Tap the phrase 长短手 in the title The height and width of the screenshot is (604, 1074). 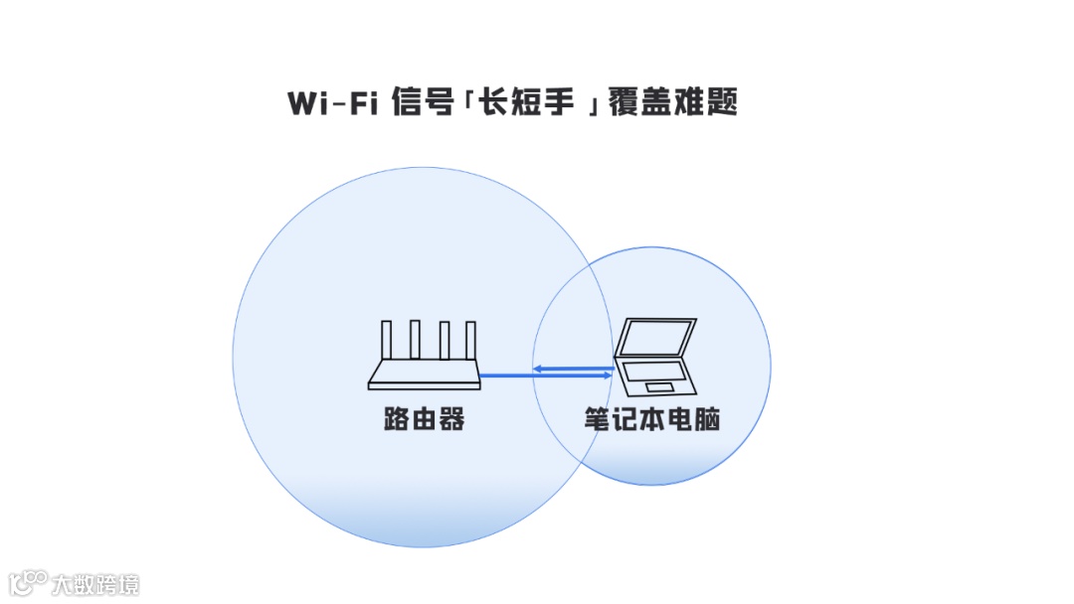[526, 103]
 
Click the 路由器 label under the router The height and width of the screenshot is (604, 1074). [425, 420]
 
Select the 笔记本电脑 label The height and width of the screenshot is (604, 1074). [652, 420]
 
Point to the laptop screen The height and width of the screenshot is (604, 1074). [655, 338]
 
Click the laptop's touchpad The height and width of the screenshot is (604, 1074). [657, 386]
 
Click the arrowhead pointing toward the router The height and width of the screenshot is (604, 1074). [537, 369]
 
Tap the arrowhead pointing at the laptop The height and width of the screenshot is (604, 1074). [608, 376]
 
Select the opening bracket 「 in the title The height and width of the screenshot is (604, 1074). [465, 99]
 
